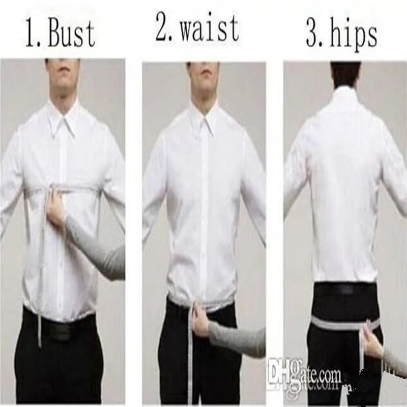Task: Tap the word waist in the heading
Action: pyautogui.click(x=210, y=28)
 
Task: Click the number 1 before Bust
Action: pyautogui.click(x=32, y=34)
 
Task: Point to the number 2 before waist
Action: pyautogui.click(x=164, y=28)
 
